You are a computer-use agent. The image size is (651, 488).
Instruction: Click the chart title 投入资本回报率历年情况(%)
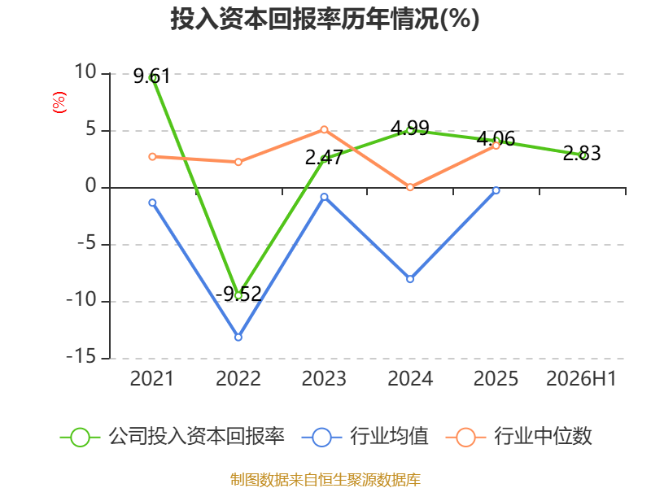click(x=325, y=19)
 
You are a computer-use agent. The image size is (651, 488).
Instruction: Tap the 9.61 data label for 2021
click(x=152, y=76)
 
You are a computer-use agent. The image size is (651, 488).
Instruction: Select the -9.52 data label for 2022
click(x=238, y=294)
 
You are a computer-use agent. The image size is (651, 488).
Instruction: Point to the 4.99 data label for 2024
click(x=410, y=128)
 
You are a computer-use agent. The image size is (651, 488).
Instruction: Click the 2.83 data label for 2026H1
click(x=582, y=153)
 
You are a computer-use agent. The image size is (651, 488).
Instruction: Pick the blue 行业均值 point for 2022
click(x=238, y=338)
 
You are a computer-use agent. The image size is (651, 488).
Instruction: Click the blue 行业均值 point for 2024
click(x=410, y=279)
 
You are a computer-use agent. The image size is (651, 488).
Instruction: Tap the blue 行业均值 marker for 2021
click(x=152, y=203)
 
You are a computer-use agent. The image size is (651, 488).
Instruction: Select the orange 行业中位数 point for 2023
click(x=324, y=130)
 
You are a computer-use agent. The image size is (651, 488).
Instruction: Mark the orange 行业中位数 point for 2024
click(x=410, y=187)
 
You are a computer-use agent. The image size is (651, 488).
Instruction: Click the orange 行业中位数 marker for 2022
click(x=238, y=162)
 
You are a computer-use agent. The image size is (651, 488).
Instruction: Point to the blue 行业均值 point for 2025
click(x=496, y=190)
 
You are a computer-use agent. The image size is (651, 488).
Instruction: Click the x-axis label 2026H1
click(x=581, y=378)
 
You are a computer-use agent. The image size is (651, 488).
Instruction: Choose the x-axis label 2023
click(x=324, y=378)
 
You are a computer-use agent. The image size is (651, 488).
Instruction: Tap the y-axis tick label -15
click(x=81, y=356)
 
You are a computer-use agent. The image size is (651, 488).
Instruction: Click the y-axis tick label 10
click(x=85, y=72)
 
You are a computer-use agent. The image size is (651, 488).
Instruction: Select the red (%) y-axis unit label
click(x=59, y=102)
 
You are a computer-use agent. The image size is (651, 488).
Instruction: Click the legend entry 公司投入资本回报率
click(x=173, y=437)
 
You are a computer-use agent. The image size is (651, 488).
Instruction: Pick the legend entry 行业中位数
click(x=519, y=437)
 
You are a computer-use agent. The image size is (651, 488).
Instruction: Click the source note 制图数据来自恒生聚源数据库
click(x=325, y=479)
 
